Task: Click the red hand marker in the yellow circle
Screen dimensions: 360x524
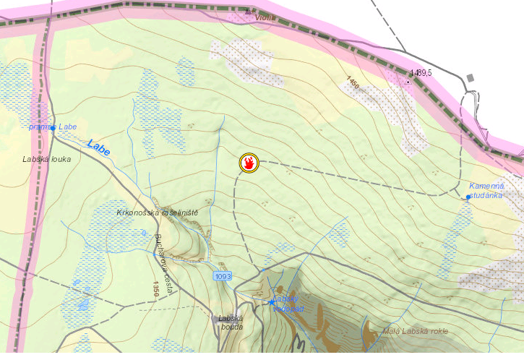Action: tap(249, 163)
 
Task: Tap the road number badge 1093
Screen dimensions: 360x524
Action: tap(223, 276)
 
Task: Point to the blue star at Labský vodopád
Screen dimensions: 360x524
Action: tap(272, 301)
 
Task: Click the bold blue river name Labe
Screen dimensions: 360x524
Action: tap(98, 147)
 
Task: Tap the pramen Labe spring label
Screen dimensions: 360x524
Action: tap(53, 127)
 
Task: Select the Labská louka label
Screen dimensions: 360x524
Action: tap(47, 159)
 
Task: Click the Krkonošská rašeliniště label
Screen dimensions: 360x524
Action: tap(157, 213)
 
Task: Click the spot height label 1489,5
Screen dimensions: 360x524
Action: tap(421, 73)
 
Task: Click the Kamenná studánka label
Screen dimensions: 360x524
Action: tap(486, 190)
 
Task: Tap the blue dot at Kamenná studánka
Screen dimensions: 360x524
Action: tap(468, 197)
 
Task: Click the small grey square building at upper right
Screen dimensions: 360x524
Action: tap(471, 77)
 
